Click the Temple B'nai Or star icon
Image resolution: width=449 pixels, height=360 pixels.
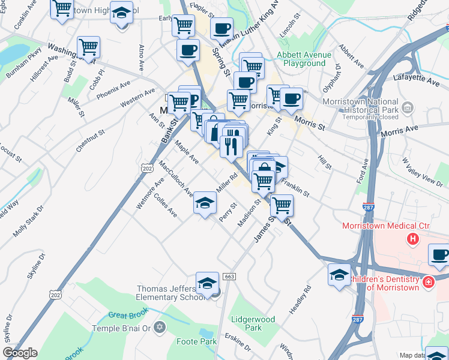tap(159, 328)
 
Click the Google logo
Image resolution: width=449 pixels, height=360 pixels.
tap(20, 353)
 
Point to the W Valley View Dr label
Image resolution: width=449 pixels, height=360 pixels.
tap(414, 170)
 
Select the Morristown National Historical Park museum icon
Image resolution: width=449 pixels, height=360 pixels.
tap(408, 107)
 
